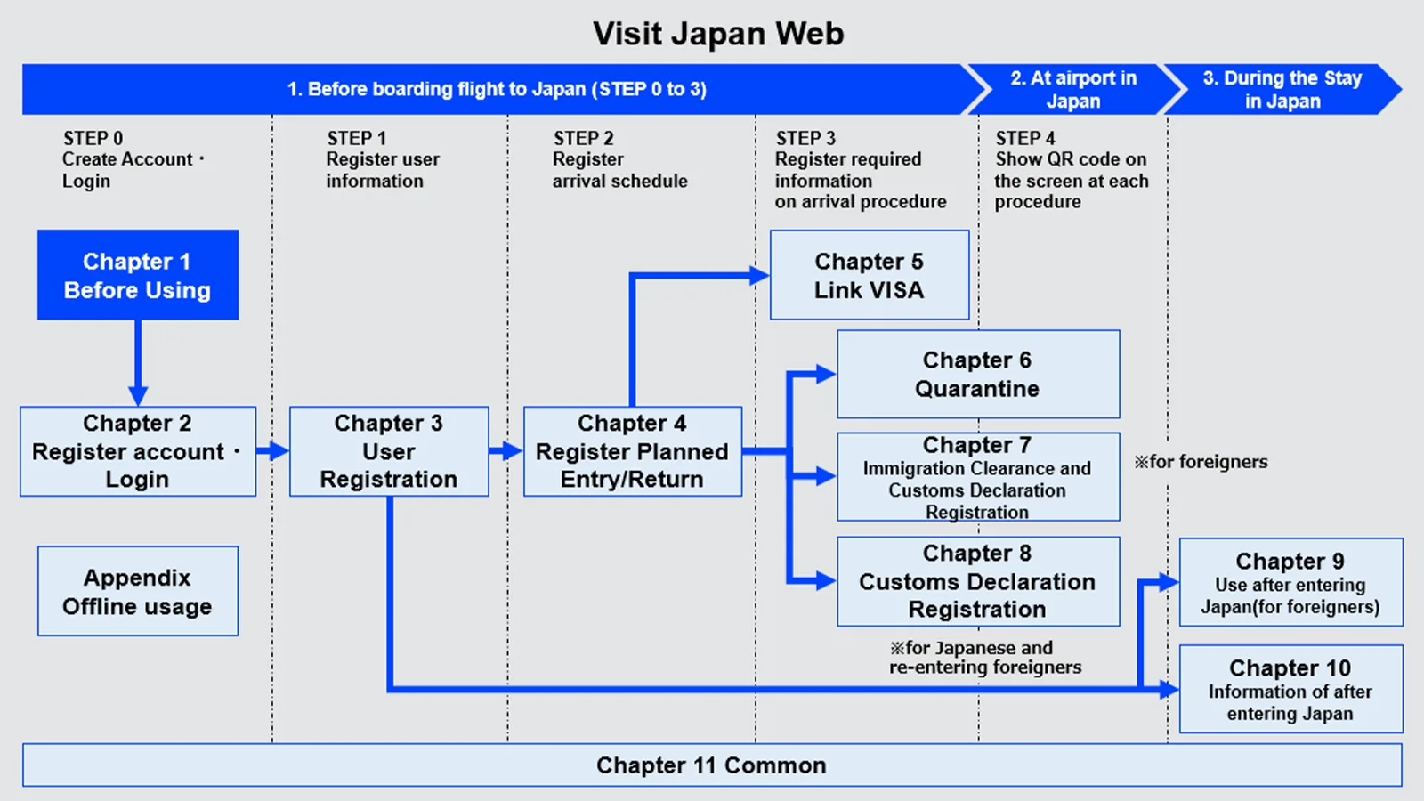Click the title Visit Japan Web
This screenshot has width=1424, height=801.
(718, 34)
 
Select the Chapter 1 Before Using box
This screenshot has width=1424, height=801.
(138, 275)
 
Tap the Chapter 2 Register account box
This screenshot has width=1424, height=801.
(138, 451)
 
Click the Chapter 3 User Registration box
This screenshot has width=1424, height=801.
(389, 451)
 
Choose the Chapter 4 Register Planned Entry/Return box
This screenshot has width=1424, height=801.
(633, 451)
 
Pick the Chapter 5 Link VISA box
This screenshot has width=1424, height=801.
(870, 275)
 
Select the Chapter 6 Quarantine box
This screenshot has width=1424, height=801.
(978, 374)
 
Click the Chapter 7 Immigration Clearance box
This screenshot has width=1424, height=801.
(978, 477)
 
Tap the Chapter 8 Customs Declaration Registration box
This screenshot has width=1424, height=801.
(978, 582)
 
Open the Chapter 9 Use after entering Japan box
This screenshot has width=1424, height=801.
(1291, 582)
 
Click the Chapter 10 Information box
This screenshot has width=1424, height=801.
(1291, 689)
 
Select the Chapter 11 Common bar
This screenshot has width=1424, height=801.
(712, 765)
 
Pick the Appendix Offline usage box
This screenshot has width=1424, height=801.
(138, 591)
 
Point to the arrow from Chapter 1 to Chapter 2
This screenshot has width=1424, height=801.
(138, 363)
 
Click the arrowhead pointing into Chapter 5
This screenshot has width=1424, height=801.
(760, 275)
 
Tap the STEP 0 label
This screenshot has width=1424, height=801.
(93, 138)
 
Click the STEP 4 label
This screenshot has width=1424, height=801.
(1024, 138)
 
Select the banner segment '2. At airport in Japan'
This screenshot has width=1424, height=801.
(1073, 89)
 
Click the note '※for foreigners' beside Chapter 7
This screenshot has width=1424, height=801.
(1201, 462)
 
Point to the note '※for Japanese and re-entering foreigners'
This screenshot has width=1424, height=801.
(985, 658)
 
